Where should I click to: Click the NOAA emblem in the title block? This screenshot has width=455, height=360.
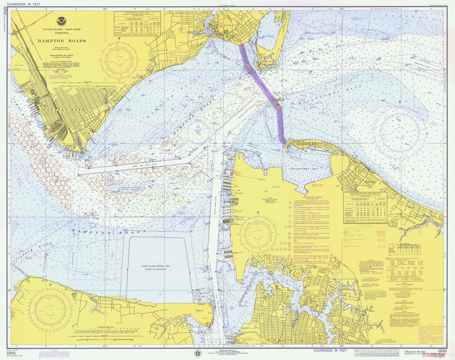pos(60,21)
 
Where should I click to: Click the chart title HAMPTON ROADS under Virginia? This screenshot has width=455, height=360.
pos(62,41)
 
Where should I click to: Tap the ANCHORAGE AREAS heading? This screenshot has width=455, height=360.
pos(309,197)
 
